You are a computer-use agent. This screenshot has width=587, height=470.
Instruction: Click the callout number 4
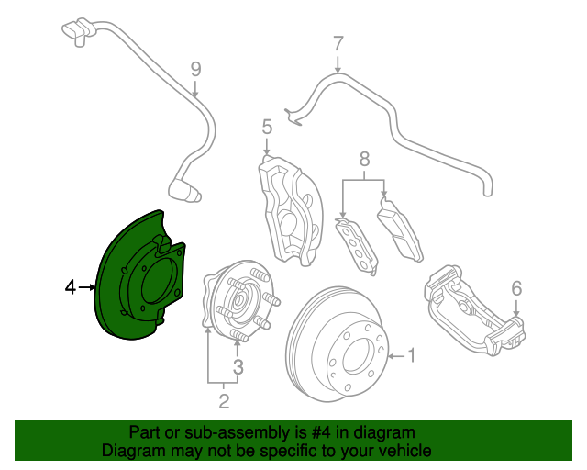pos(71,287)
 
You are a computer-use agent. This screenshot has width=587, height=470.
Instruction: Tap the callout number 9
pos(195,69)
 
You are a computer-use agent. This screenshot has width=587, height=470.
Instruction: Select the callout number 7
pos(338,44)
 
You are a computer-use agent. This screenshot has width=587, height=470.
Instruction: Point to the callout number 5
pos(267,127)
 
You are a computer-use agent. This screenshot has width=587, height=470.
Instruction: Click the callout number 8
pos(364,159)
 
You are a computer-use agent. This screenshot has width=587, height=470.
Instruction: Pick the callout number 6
pos(516,288)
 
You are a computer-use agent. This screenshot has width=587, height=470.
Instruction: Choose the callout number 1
pos(411,355)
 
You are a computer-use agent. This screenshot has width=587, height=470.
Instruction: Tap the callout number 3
pos(238,367)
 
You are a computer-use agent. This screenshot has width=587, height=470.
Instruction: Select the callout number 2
pos(224,401)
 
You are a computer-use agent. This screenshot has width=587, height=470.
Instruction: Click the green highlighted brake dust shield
pos(112,300)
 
